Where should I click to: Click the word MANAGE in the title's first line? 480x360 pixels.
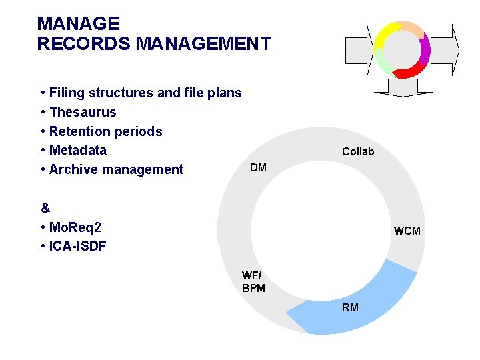point(78,24)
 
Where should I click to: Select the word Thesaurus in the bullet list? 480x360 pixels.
point(83,112)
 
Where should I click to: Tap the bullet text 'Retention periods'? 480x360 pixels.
point(105,131)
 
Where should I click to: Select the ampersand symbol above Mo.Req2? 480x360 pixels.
point(45,207)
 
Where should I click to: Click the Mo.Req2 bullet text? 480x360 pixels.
point(75,227)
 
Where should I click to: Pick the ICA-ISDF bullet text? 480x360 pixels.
point(77,246)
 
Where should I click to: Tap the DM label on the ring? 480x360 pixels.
point(258,167)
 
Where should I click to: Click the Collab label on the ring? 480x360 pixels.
point(358,152)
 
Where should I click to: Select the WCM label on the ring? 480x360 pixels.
point(407,231)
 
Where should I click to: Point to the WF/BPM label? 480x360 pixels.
point(253,282)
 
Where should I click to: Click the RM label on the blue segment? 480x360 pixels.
point(350,307)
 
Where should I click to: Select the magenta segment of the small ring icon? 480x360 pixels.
point(424,47)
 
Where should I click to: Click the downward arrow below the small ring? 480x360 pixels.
point(402,87)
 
